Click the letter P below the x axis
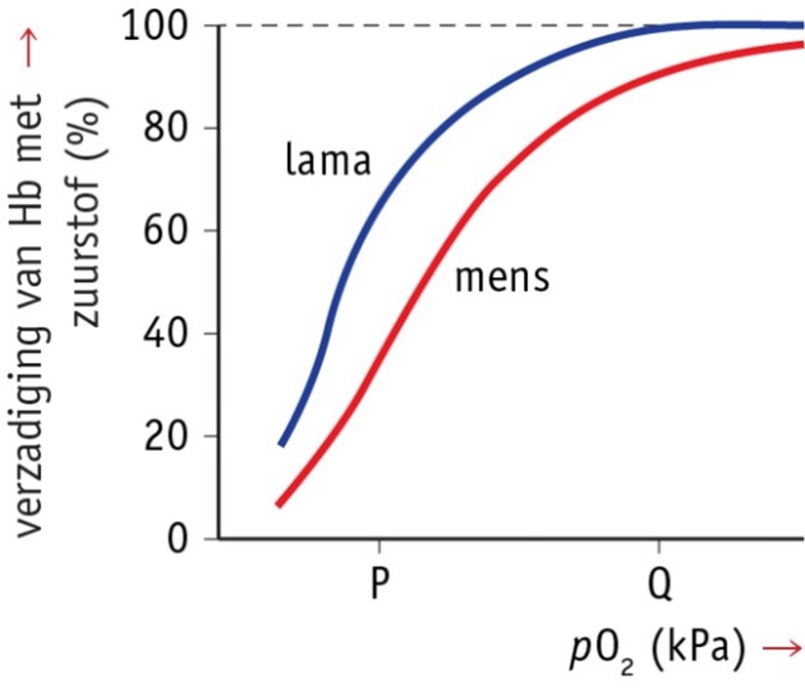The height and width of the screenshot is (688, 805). coord(378,585)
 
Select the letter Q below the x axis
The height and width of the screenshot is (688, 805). coord(660,586)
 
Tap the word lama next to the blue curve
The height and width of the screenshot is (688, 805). coord(328,160)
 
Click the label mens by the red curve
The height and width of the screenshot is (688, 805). coord(502,278)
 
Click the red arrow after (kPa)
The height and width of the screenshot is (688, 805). coord(781,650)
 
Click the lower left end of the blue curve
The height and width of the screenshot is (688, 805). coord(281,445)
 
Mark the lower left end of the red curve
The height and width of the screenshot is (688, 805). coord(278,505)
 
